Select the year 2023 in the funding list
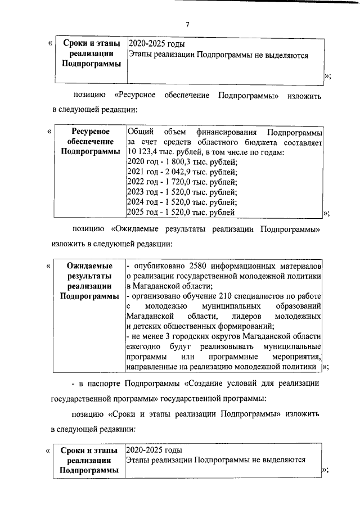click(x=137, y=192)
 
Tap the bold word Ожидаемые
click(x=89, y=265)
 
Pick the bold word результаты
click(x=90, y=276)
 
